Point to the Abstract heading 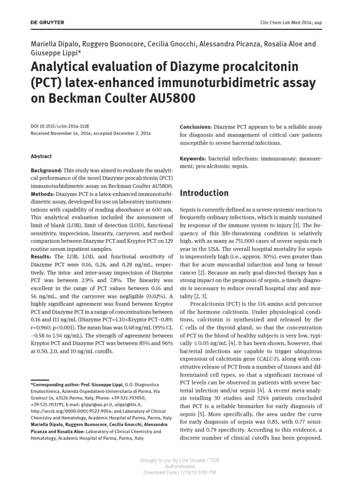point(41,156)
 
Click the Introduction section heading point(204,193)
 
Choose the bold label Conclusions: point(196,127)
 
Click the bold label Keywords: point(193,158)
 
